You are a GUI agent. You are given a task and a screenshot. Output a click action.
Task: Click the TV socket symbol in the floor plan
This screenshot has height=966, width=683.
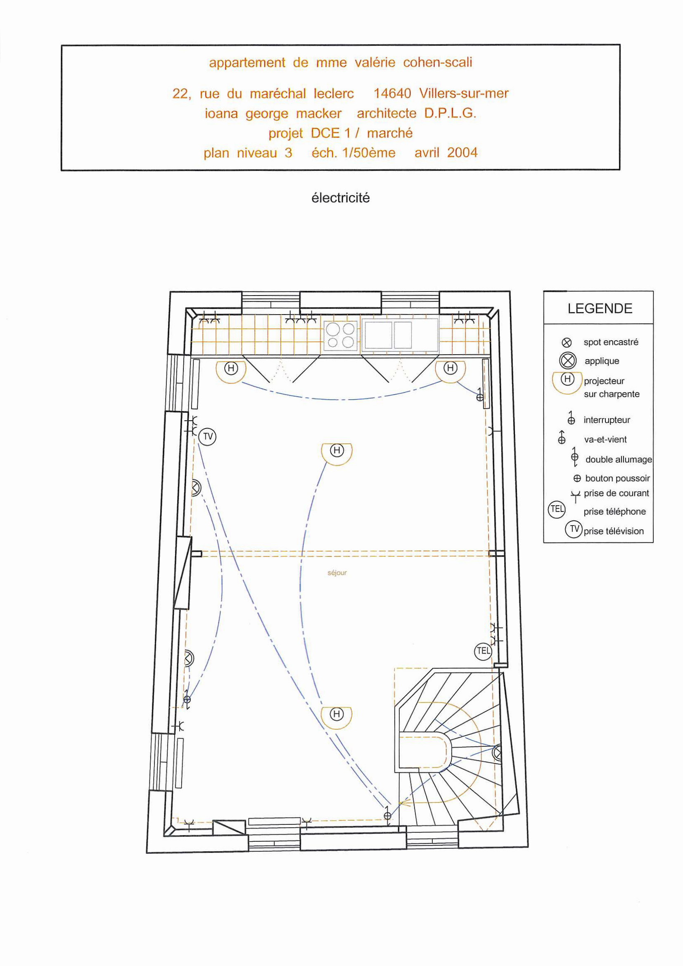tap(207, 437)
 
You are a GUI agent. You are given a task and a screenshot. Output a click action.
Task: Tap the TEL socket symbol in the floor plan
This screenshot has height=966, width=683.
tap(483, 651)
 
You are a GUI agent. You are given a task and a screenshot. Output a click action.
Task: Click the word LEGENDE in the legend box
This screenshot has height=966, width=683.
tap(600, 308)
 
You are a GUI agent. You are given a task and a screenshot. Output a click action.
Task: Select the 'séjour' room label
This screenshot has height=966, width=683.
tap(337, 573)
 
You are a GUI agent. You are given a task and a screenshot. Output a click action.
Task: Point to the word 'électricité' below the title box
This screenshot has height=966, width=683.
tap(340, 198)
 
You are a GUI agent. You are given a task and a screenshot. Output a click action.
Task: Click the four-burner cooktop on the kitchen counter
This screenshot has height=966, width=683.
tap(341, 336)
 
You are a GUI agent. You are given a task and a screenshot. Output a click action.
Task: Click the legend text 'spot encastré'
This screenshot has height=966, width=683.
tap(611, 342)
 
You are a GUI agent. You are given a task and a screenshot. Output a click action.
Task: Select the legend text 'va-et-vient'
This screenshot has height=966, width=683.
tap(605, 439)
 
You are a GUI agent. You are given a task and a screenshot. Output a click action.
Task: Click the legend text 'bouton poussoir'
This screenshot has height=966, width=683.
tap(617, 478)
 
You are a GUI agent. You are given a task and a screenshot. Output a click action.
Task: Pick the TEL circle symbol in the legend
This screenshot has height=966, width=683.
tap(557, 509)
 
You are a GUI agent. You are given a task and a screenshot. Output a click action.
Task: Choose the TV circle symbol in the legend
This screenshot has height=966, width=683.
tap(574, 529)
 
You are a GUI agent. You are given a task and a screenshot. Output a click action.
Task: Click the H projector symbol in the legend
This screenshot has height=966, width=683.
tap(567, 379)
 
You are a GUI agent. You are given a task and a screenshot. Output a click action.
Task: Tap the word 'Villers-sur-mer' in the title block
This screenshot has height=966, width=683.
tap(464, 93)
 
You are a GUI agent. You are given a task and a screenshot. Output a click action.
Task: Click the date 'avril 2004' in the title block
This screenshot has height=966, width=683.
tap(446, 152)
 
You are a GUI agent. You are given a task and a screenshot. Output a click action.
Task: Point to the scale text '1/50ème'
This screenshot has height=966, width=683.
tap(369, 152)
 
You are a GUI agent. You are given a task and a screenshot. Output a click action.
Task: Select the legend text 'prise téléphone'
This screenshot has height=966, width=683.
tap(614, 511)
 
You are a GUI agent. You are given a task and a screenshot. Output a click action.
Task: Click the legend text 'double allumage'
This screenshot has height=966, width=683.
tap(619, 459)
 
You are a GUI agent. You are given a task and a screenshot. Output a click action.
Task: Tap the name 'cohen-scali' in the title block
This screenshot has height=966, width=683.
tap(438, 63)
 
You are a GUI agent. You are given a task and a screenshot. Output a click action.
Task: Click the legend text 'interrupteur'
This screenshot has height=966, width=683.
tap(607, 420)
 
